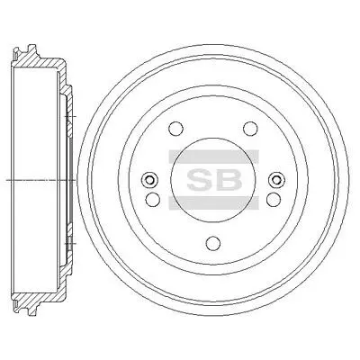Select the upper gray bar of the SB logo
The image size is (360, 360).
coord(213,157)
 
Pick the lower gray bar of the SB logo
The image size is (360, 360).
coord(213,202)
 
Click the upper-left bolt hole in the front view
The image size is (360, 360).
coord(176,129)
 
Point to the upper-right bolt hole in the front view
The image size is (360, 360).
coord(250,129)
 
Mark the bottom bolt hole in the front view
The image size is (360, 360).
coord(213,242)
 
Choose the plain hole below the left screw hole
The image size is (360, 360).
coord(153,199)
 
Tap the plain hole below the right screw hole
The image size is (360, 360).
coord(274,199)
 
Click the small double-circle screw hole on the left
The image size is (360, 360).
coord(149,180)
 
